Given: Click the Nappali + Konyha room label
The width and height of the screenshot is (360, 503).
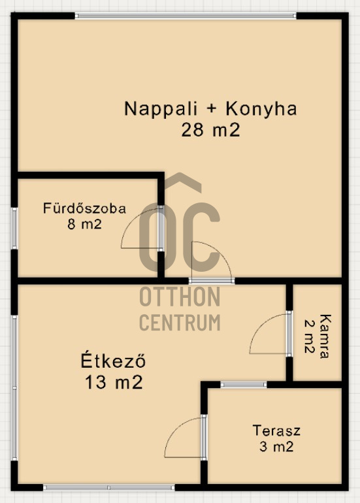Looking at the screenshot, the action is tap(210, 108).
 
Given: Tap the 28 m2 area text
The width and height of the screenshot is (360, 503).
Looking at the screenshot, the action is tap(210, 130).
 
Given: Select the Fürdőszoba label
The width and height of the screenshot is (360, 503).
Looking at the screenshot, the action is tap(85, 208).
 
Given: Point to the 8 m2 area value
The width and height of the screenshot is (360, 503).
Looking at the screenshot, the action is tap(84, 224).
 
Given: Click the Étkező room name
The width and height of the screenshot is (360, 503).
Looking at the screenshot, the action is tap(113, 361).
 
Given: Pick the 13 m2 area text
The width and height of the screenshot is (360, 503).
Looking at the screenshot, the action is tap(114, 382).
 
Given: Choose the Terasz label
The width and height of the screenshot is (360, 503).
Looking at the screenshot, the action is tap(276, 430).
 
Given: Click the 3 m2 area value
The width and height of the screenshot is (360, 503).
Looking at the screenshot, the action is tap(276, 446).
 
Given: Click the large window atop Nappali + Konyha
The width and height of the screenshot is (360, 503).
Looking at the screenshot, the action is tap(186, 16).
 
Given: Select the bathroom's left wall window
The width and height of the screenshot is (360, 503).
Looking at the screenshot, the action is tap(14, 228).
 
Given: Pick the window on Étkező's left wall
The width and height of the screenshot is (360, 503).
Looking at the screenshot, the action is tap(14, 388).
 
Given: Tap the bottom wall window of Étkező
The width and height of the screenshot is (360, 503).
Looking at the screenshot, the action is tap(108, 487).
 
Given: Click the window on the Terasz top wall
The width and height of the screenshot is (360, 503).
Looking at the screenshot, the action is tap(244, 385).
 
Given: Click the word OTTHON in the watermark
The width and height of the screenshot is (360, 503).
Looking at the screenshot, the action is tap(180, 297).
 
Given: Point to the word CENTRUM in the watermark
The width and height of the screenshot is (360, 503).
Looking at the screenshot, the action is tap(180, 322).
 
